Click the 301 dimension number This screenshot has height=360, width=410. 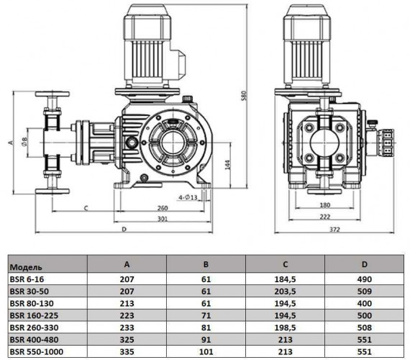pos(164,219)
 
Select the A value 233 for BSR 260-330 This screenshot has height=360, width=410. pos(127,327)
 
